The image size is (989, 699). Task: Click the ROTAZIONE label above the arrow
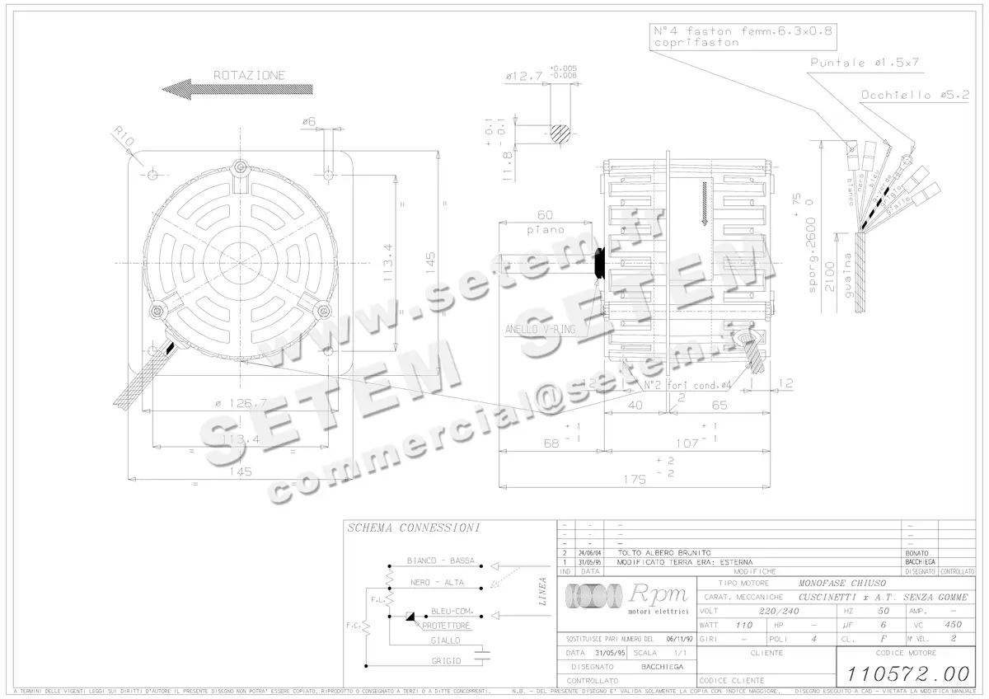pyautogui.click(x=249, y=75)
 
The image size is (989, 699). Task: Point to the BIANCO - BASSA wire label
pyautogui.click(x=440, y=561)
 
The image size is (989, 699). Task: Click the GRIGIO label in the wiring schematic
pyautogui.click(x=446, y=660)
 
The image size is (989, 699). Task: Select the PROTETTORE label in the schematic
pyautogui.click(x=445, y=626)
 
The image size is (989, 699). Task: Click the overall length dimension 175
pyautogui.click(x=634, y=479)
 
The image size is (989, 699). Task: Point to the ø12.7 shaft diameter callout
pyautogui.click(x=524, y=76)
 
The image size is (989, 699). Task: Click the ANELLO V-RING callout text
pyautogui.click(x=540, y=329)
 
